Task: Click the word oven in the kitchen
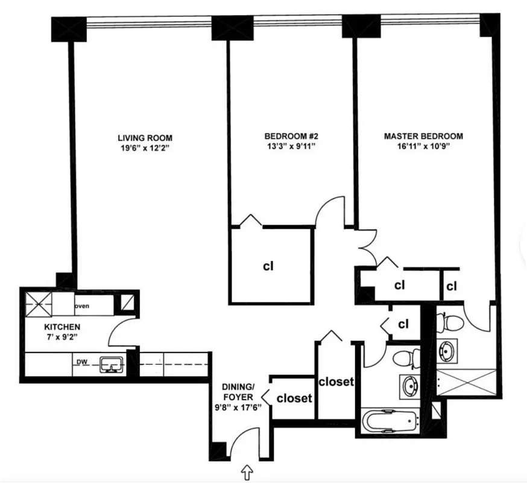(x=82, y=306)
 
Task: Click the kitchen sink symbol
(x=112, y=364)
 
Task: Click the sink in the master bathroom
(x=447, y=350)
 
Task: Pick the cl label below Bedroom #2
(x=269, y=266)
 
